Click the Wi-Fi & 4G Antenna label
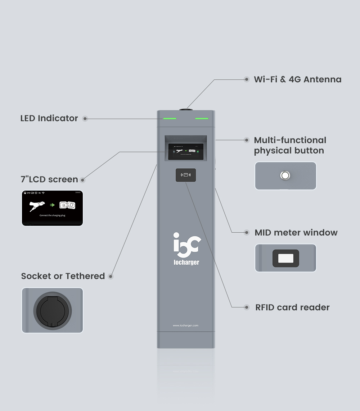(x=297, y=79)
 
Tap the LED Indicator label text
(x=49, y=118)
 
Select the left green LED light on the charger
(x=170, y=118)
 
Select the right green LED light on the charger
(x=202, y=118)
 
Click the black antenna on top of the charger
(x=186, y=108)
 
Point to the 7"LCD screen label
(x=49, y=179)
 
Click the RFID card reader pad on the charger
(x=186, y=175)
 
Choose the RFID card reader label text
(x=292, y=307)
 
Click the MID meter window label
(x=296, y=233)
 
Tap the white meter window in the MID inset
(x=285, y=258)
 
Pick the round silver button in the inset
(x=285, y=175)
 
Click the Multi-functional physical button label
(x=290, y=145)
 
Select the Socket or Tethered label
(x=63, y=276)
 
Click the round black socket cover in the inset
(x=53, y=310)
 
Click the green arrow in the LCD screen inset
(x=53, y=205)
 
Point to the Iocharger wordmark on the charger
(x=186, y=262)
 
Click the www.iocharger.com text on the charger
(x=185, y=326)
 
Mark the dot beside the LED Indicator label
(x=85, y=118)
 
